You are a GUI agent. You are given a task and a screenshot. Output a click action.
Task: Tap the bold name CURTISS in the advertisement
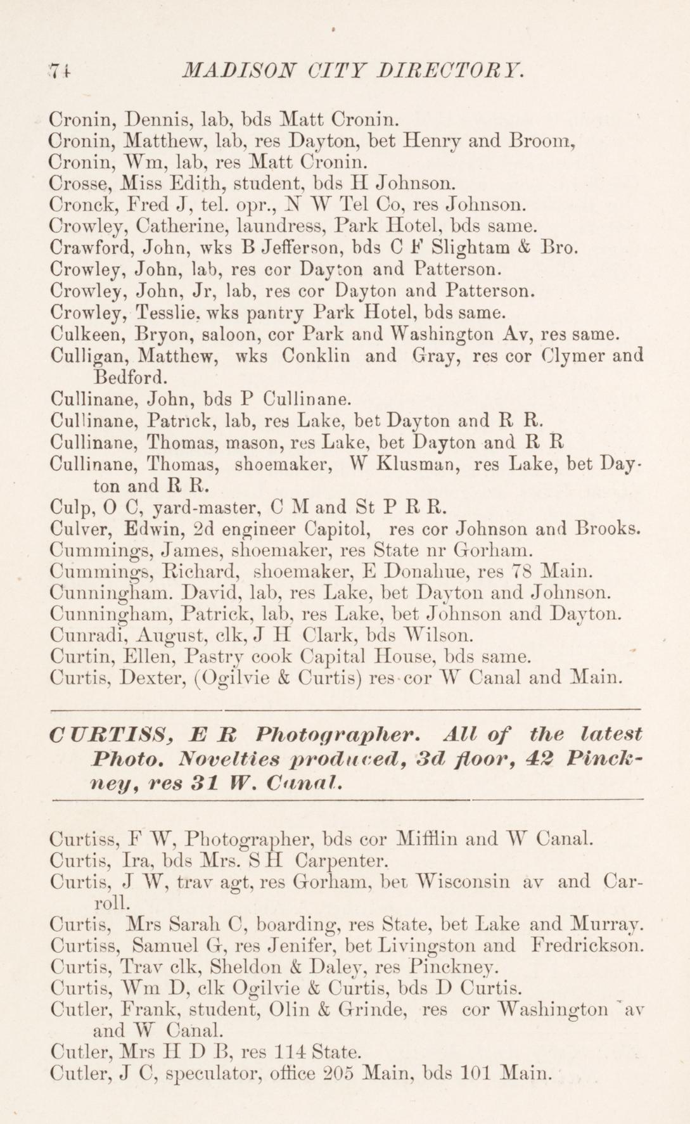tap(112, 736)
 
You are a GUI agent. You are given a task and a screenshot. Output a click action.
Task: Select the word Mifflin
tap(423, 839)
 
